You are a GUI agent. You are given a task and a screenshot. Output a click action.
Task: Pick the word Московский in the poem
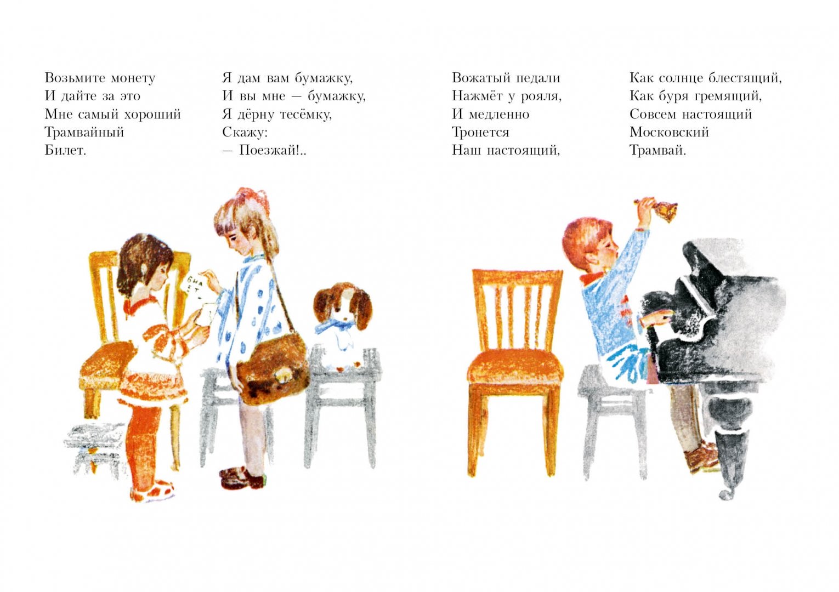click(669, 132)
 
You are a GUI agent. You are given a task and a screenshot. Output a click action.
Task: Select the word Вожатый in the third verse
click(480, 78)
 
